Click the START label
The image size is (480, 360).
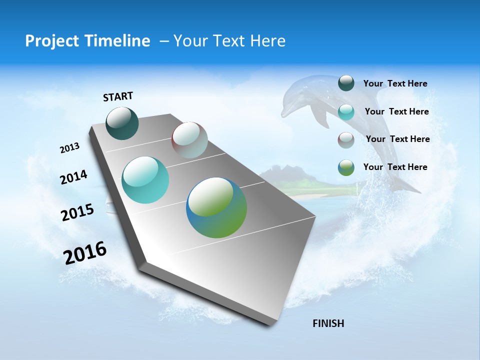[x=118, y=96]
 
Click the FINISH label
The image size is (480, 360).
[x=328, y=323]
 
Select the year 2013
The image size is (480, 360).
[x=69, y=148]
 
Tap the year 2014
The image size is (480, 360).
[x=73, y=177]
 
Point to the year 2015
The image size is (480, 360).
[x=77, y=212]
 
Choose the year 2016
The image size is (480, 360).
[x=85, y=252]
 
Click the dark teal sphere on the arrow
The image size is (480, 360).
[x=122, y=123]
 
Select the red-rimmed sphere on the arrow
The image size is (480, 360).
[x=189, y=139]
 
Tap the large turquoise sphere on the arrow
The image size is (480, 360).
[x=145, y=180]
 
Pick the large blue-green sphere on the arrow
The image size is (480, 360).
[x=216, y=207]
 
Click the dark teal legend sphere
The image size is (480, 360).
[x=346, y=83]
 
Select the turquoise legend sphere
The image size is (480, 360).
[x=346, y=111]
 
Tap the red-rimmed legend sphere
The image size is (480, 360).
[x=346, y=139]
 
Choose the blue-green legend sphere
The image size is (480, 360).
[x=346, y=167]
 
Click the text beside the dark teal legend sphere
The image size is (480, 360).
[x=395, y=83]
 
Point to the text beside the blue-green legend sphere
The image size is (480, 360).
[x=395, y=167]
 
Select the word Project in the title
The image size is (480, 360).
[x=49, y=41]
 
